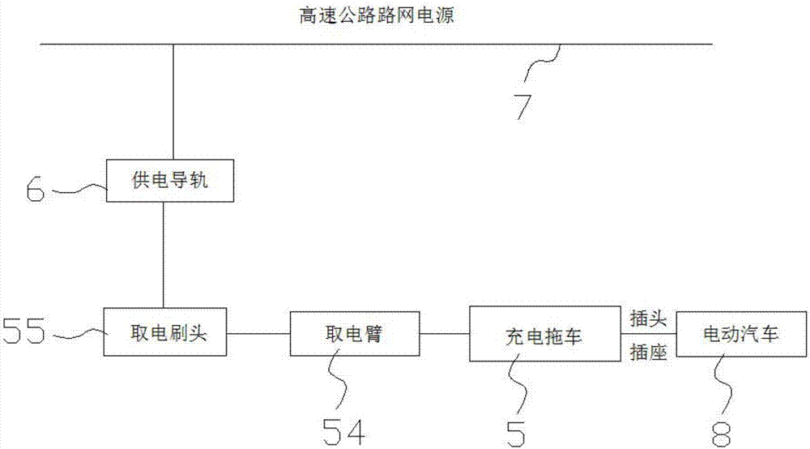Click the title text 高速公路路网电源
(377, 15)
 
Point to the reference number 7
(522, 107)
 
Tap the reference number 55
(23, 331)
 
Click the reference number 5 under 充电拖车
(516, 434)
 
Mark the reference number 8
(721, 434)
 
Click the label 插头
(648, 319)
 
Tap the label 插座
(648, 353)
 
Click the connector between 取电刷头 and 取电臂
(258, 333)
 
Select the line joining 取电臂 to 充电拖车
(444, 333)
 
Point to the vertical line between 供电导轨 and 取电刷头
(164, 254)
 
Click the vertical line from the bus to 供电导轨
(173, 102)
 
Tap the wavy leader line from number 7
(541, 63)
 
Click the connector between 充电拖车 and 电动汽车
(649, 334)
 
